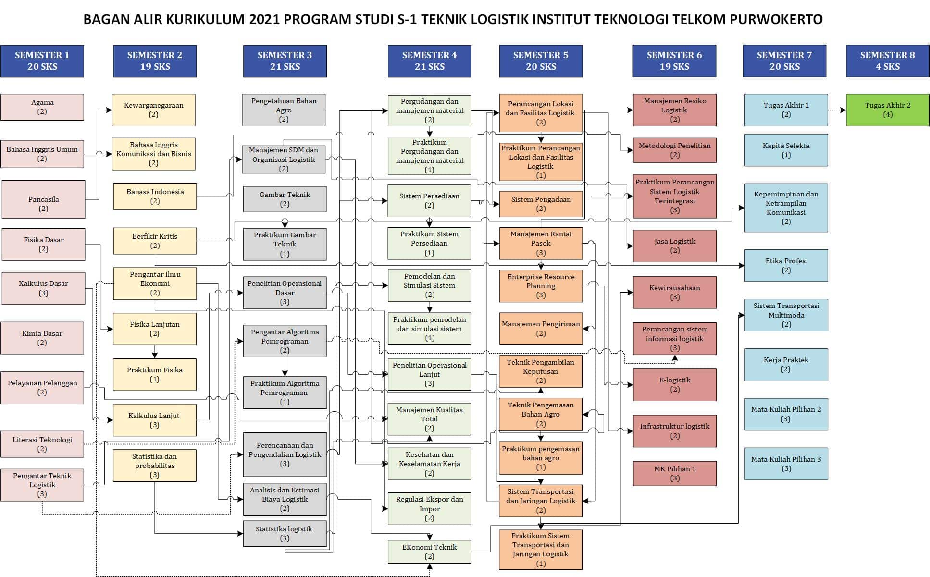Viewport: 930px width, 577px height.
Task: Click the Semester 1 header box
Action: (x=42, y=61)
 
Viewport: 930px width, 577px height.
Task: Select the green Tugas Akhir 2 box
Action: (x=887, y=110)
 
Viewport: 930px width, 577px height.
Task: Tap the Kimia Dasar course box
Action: (x=42, y=338)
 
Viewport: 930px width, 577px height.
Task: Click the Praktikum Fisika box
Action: (x=154, y=374)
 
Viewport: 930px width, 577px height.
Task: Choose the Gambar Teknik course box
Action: (x=285, y=199)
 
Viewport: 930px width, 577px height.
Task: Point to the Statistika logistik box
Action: (x=285, y=533)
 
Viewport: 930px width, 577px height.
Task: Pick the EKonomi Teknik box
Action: (x=429, y=552)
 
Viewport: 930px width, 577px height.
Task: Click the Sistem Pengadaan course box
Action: (x=541, y=204)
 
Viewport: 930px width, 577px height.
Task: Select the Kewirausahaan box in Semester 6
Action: (x=674, y=292)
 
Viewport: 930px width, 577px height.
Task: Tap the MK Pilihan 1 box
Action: (x=674, y=473)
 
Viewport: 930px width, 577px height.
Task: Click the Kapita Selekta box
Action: (x=786, y=150)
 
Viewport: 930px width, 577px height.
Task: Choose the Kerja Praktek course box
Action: (x=786, y=364)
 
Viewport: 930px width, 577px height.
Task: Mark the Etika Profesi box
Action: (x=786, y=265)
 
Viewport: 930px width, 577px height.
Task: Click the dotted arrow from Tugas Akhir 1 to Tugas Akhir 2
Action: (x=837, y=110)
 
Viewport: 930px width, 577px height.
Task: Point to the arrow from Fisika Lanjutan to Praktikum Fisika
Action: (x=154, y=352)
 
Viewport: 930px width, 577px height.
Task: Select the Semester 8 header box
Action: (x=887, y=61)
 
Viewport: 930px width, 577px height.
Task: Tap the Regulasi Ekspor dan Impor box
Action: (x=429, y=508)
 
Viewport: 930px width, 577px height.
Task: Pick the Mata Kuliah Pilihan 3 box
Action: (x=786, y=464)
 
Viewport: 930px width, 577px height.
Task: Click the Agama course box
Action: (x=42, y=107)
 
